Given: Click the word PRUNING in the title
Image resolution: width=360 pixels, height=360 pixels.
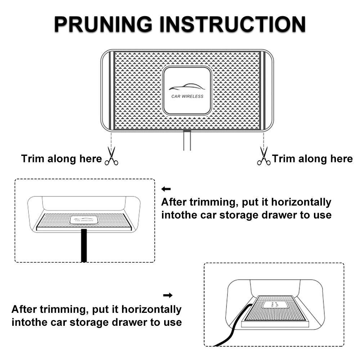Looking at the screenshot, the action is [x=103, y=24].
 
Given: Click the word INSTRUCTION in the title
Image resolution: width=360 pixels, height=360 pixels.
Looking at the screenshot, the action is [x=232, y=24].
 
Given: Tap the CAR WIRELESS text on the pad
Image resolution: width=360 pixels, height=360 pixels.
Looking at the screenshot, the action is [x=187, y=96].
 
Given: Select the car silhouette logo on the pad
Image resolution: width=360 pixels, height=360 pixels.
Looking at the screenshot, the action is [x=187, y=86].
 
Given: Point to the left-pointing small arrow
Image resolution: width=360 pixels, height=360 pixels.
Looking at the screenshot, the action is [x=166, y=189].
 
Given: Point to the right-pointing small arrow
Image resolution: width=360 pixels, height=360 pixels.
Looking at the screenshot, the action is [x=168, y=295].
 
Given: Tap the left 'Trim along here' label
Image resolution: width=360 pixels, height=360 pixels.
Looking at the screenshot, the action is [x=62, y=159].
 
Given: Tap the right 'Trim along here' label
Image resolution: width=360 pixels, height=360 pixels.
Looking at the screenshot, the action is [x=312, y=159].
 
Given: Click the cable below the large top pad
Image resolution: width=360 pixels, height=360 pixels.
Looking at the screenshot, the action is [x=187, y=140].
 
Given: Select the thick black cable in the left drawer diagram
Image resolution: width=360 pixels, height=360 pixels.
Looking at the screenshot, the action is [x=84, y=245].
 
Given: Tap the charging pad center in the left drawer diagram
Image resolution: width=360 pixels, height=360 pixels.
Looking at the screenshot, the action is [x=84, y=220].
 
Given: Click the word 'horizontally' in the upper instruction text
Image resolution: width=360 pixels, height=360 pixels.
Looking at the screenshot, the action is [x=301, y=202].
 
